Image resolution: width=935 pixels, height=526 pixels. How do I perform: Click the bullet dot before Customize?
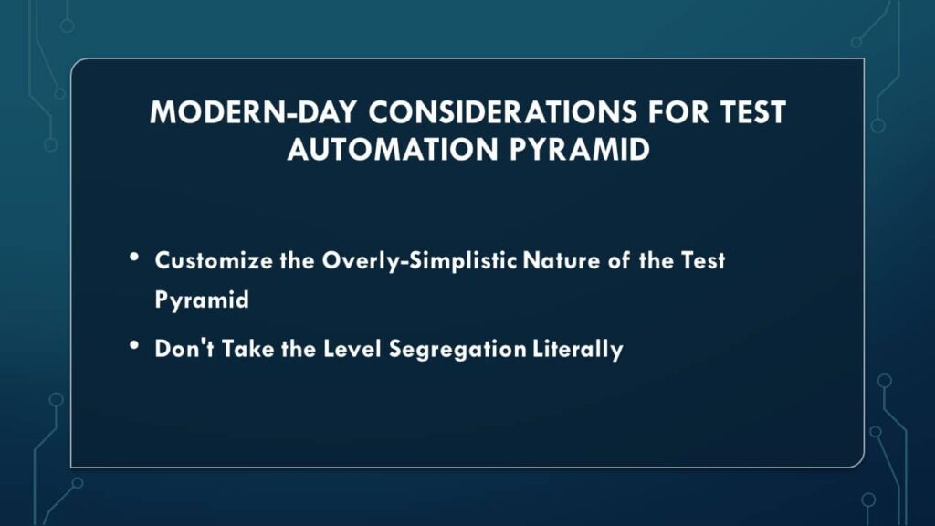coord(135,259)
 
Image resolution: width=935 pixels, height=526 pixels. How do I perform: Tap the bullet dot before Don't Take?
coord(135,347)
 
